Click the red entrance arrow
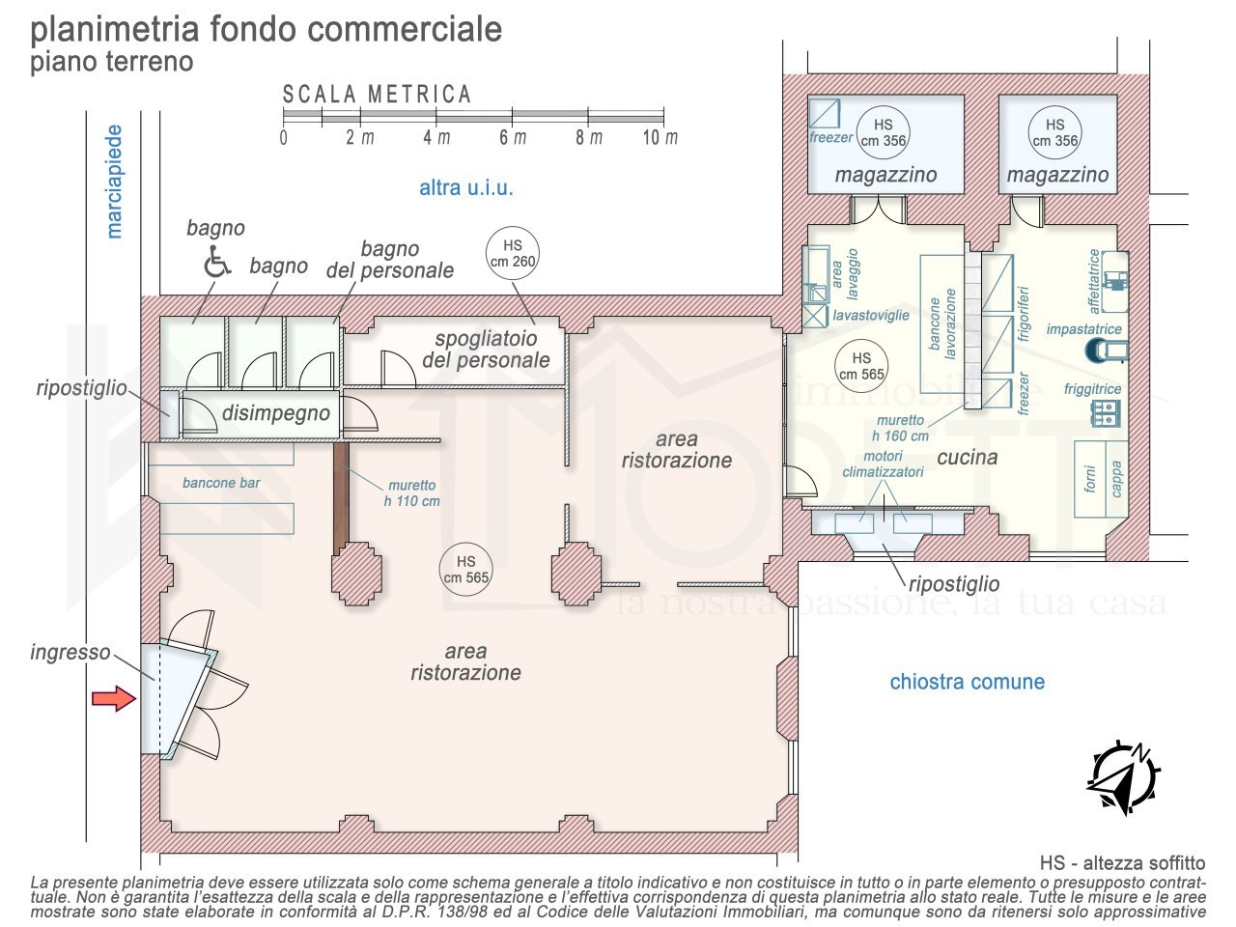tap(113, 698)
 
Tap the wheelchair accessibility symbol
tap(217, 262)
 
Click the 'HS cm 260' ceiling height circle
tap(512, 253)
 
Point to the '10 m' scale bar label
tap(660, 137)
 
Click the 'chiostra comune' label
tap(967, 682)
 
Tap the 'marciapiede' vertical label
tap(115, 182)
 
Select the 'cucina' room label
tap(967, 457)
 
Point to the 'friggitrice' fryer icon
tap(1105, 413)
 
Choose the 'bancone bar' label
tap(221, 483)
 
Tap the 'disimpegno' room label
tap(276, 413)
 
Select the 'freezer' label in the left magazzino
tap(830, 137)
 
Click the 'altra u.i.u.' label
tap(465, 187)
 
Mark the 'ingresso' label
tap(70, 652)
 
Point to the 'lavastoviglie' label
tap(871, 316)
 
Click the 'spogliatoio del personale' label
tap(486, 350)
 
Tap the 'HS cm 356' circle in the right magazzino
tap(1054, 132)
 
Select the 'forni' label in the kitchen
tap(1090, 480)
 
